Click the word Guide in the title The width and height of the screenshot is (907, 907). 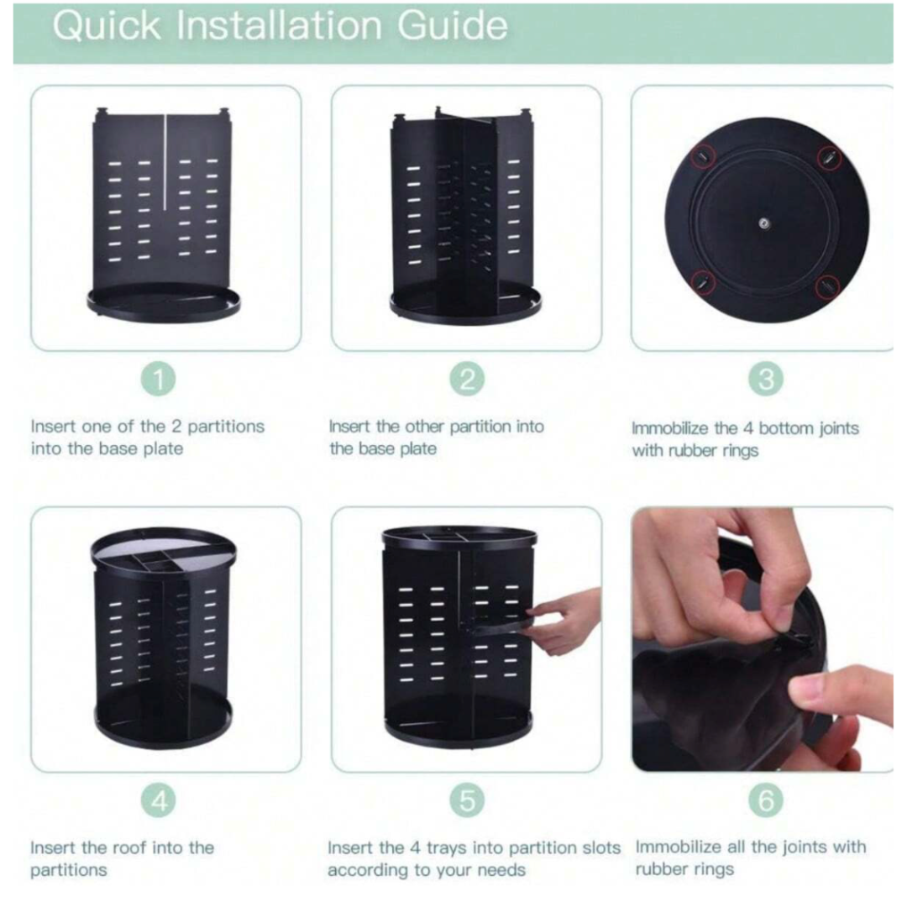[453, 26]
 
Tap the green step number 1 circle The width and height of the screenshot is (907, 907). [159, 380]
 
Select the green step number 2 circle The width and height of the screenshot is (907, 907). [468, 380]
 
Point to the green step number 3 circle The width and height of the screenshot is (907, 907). [766, 380]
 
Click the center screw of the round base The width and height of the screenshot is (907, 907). [764, 223]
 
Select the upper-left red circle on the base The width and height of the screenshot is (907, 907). [703, 156]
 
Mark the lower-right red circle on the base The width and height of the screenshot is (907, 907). [828, 286]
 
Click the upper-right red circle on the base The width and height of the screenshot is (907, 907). [829, 157]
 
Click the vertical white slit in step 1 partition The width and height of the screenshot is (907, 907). [165, 163]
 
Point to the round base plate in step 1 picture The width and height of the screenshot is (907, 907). [164, 302]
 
